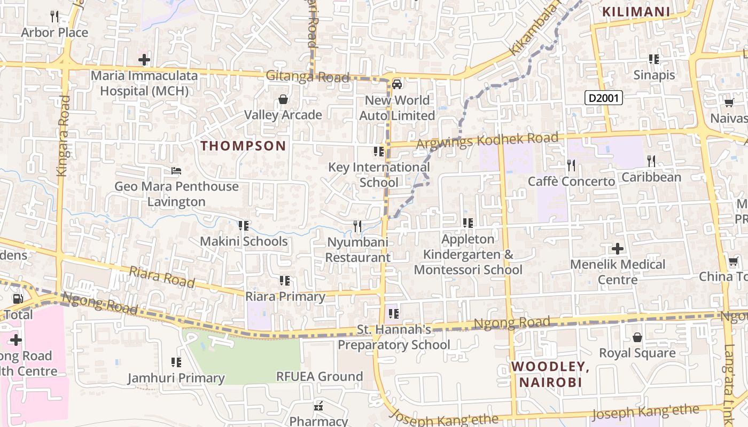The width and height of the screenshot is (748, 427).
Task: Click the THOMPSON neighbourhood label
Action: pyautogui.click(x=243, y=146)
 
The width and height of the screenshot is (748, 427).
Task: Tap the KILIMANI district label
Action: pyautogui.click(x=636, y=12)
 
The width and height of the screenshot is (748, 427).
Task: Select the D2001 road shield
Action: pyautogui.click(x=604, y=98)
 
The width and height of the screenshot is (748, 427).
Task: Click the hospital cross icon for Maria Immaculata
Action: pyautogui.click(x=144, y=59)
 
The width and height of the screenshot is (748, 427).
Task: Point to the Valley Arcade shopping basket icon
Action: pyautogui.click(x=283, y=100)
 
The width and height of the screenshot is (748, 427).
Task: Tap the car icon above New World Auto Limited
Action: pyautogui.click(x=397, y=84)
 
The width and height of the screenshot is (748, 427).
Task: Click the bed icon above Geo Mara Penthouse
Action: pyautogui.click(x=176, y=171)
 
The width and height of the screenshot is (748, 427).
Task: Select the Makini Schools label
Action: pyautogui.click(x=244, y=241)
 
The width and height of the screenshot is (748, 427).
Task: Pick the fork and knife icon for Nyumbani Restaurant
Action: pyautogui.click(x=357, y=226)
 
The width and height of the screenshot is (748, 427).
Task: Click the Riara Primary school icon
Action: pyautogui.click(x=285, y=281)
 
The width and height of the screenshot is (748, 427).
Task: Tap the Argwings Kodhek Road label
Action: pyautogui.click(x=487, y=141)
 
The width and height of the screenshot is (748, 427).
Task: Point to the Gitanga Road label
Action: pyautogui.click(x=307, y=77)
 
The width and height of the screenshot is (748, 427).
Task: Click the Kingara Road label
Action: pyautogui.click(x=63, y=136)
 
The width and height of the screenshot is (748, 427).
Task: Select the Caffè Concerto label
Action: pyautogui.click(x=571, y=181)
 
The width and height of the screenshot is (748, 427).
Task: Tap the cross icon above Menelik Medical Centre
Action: pyautogui.click(x=618, y=249)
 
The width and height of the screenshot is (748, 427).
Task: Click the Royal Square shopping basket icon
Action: pyautogui.click(x=637, y=337)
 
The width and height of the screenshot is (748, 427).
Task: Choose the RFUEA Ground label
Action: pyautogui.click(x=319, y=376)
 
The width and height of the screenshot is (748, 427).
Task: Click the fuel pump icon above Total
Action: pyautogui.click(x=18, y=299)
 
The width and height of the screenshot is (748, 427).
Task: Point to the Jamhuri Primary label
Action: pyautogui.click(x=176, y=378)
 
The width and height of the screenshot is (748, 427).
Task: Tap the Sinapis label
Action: pyautogui.click(x=654, y=75)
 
